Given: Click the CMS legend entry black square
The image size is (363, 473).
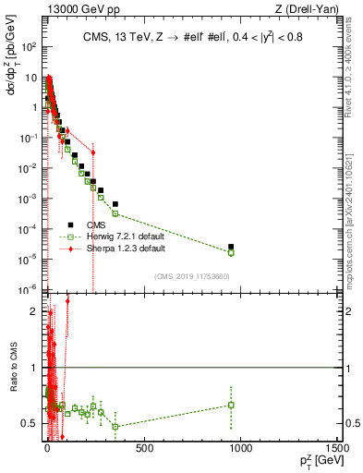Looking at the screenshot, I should (70, 224).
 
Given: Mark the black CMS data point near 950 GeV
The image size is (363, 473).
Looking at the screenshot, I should (231, 247).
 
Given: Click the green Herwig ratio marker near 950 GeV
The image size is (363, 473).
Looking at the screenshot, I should (231, 405).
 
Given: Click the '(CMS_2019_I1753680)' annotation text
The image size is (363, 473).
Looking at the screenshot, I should (191, 274).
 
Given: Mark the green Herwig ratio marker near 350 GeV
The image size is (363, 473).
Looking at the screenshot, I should (115, 427).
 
